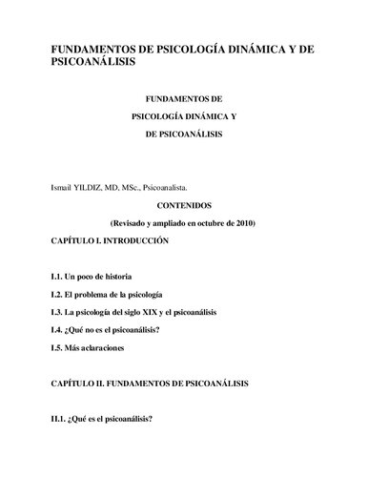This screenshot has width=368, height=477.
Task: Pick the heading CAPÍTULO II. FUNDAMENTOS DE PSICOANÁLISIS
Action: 150,383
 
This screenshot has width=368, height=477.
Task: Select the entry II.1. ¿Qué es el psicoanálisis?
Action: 103,418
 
